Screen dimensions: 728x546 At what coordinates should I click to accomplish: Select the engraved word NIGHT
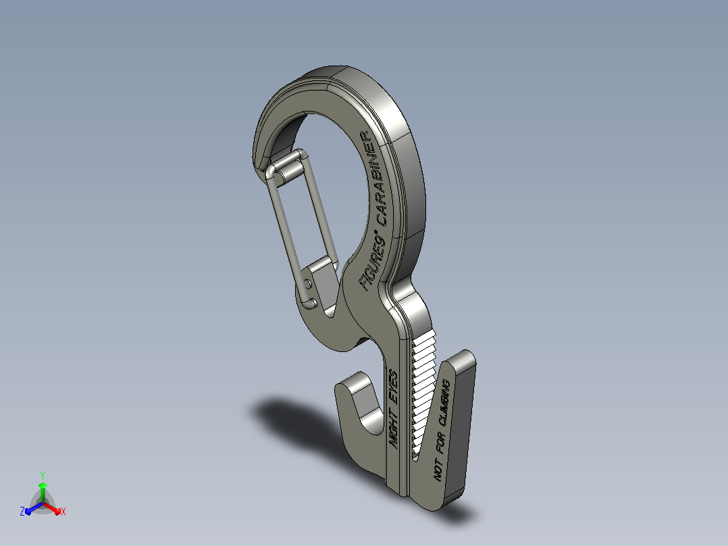pos(394,426)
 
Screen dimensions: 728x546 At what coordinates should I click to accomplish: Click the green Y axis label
pos(43,476)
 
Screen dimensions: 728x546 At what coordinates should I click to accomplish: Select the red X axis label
pos(63,512)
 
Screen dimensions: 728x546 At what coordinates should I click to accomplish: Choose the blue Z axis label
pos(22,512)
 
